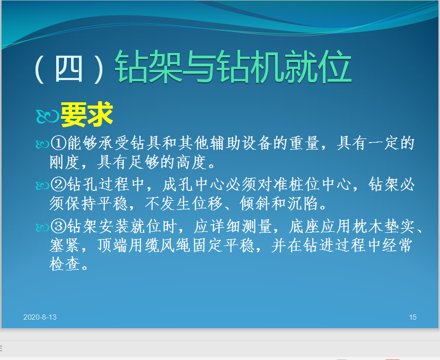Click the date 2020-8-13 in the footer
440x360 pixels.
click(40, 317)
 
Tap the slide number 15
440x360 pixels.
click(412, 317)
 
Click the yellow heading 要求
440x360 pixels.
click(87, 114)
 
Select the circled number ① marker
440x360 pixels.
click(58, 143)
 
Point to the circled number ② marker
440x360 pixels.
click(58, 185)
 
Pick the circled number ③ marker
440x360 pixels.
click(58, 226)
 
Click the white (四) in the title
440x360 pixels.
click(69, 69)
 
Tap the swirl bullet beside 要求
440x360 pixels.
click(47, 116)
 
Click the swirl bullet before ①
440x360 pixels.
click(42, 144)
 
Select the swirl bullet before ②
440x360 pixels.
click(42, 186)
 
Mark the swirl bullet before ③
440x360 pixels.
click(42, 227)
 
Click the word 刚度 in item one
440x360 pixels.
click(65, 162)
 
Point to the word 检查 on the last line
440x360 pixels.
click(65, 264)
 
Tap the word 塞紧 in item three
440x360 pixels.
click(65, 245)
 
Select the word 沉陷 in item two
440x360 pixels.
click(303, 204)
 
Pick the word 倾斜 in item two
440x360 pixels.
click(255, 204)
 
